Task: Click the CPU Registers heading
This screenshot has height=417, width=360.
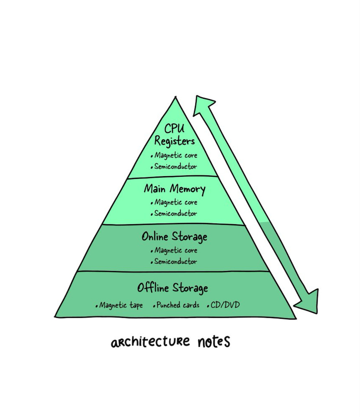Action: click(x=175, y=135)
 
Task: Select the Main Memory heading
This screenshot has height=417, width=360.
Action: click(x=175, y=189)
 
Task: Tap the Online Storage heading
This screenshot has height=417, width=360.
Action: click(x=174, y=236)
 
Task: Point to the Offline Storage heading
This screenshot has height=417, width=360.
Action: click(x=172, y=288)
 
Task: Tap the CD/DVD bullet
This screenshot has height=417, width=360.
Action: click(x=224, y=305)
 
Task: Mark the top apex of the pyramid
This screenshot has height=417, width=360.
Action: click(x=175, y=98)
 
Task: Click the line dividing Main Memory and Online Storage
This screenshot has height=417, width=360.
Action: click(x=173, y=225)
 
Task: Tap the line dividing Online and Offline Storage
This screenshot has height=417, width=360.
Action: click(x=173, y=272)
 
